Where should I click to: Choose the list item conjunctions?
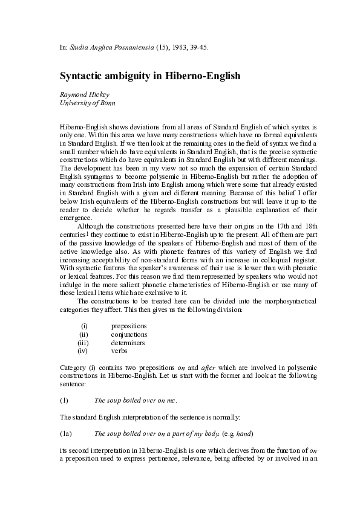[129, 334]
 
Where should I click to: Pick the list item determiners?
[128, 342]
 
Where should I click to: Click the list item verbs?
[119, 350]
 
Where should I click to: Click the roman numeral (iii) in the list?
[84, 342]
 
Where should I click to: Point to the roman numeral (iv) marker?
[84, 350]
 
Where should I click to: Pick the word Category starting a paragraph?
[73, 367]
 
